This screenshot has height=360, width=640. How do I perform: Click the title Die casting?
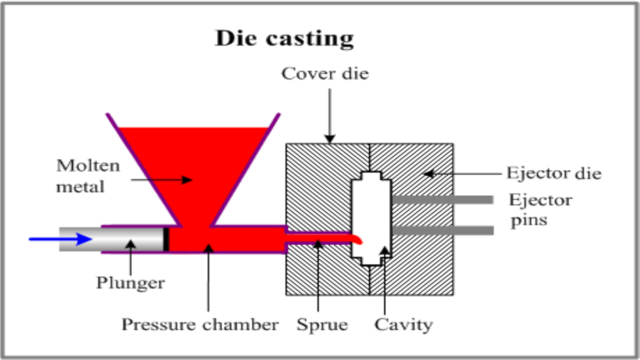tap(284, 38)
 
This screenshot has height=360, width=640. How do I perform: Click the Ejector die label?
tap(553, 173)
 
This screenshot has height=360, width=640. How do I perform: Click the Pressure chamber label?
tap(199, 325)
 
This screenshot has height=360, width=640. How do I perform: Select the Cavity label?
tap(403, 325)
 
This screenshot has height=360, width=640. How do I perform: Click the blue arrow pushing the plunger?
tap(57, 239)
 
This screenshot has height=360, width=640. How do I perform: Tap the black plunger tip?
tap(167, 239)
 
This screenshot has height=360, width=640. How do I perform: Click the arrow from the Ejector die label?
tap(467, 173)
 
